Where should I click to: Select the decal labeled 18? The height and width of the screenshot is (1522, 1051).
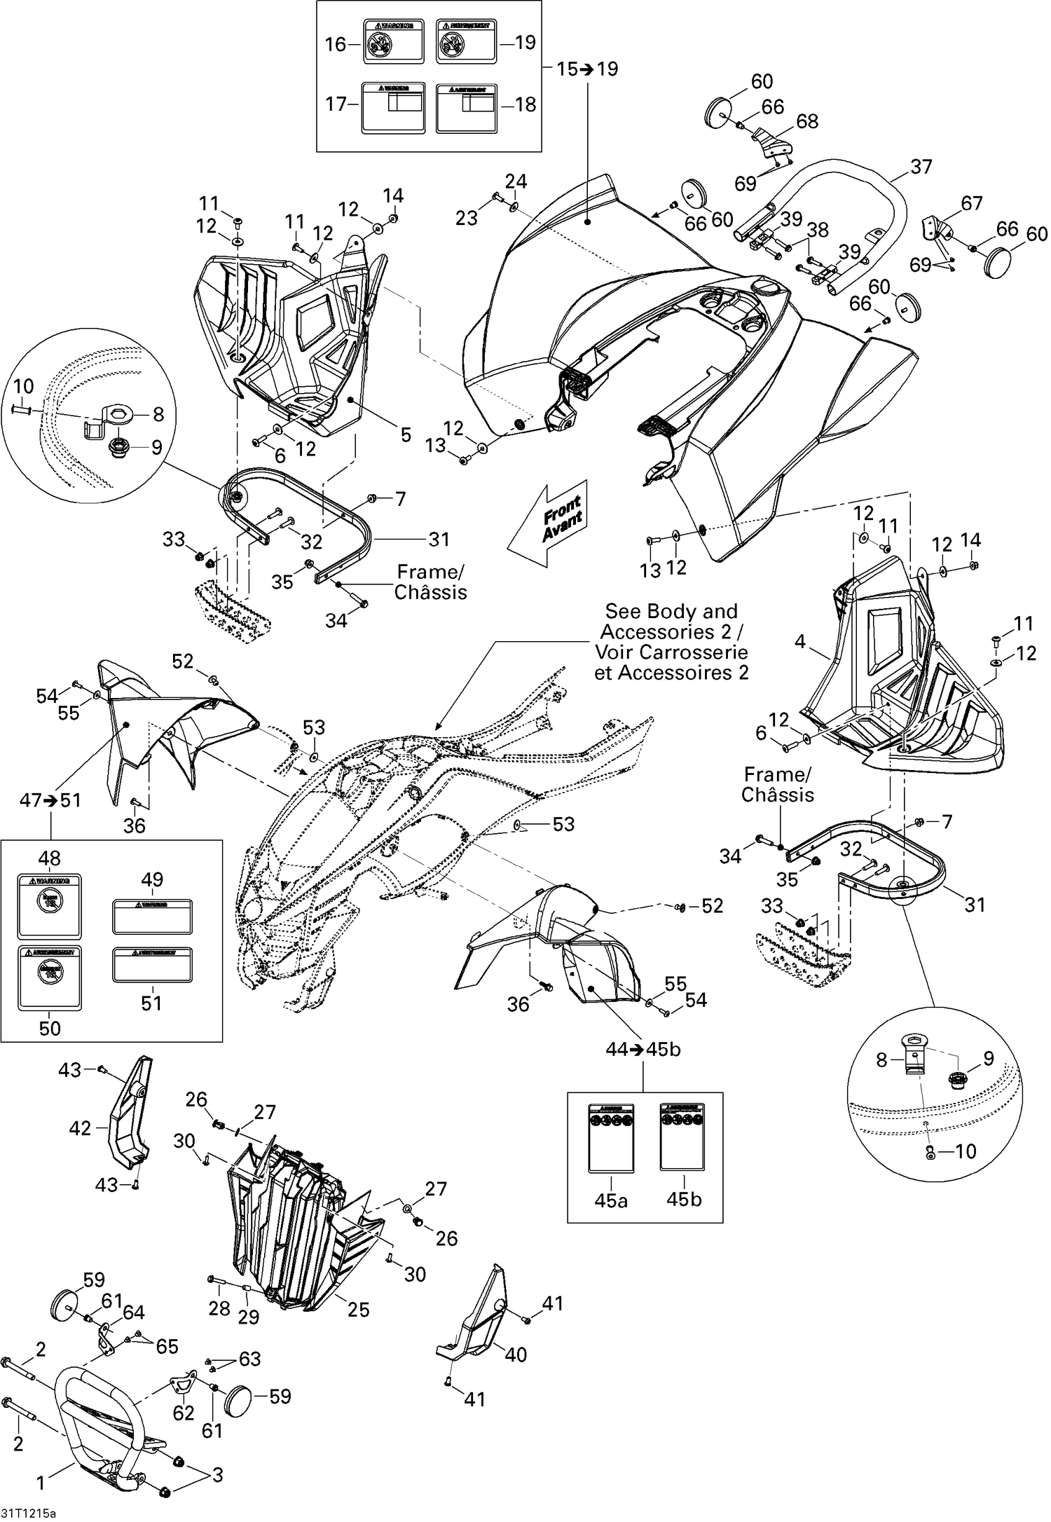click(x=467, y=108)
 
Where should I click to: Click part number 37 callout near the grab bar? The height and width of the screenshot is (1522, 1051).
click(x=921, y=167)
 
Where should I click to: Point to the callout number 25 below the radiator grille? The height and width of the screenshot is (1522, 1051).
click(x=358, y=1310)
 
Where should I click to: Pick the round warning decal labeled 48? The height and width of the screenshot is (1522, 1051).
click(x=50, y=906)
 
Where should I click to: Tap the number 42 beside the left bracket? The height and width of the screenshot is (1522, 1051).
click(x=80, y=1127)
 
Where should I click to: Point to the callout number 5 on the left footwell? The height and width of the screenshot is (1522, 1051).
click(x=406, y=434)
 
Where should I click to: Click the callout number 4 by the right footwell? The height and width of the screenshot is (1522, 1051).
click(x=800, y=640)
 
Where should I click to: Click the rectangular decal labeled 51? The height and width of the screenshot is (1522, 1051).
click(x=153, y=966)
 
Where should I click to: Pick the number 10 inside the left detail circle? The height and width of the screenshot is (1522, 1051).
click(x=23, y=386)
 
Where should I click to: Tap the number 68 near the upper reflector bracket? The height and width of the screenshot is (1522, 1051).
click(x=807, y=121)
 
